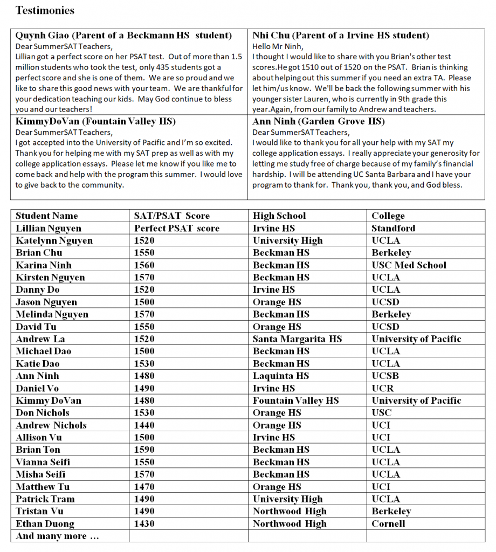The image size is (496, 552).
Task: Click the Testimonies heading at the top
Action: click(45, 10)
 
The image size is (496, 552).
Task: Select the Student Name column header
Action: click(46, 216)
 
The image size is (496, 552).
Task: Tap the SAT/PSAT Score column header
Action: click(171, 216)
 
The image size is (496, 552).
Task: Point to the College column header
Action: click(388, 216)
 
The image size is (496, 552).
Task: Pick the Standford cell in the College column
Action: click(393, 228)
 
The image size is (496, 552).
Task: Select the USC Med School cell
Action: click(409, 265)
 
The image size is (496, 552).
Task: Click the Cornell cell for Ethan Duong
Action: click(388, 523)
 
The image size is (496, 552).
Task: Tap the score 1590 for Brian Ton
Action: click(144, 450)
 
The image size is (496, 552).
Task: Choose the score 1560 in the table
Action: click(144, 265)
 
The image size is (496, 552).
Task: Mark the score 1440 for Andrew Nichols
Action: click(144, 425)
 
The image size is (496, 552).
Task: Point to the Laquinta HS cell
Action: click(280, 376)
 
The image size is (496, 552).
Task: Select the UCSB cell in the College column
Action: click(385, 376)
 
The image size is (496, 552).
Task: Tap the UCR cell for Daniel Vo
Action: click(382, 388)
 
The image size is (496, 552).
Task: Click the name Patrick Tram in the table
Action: click(45, 499)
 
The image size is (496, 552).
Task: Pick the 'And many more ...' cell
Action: click(57, 536)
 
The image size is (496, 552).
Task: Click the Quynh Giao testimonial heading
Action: click(123, 36)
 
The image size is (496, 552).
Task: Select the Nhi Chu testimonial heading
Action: click(341, 36)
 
